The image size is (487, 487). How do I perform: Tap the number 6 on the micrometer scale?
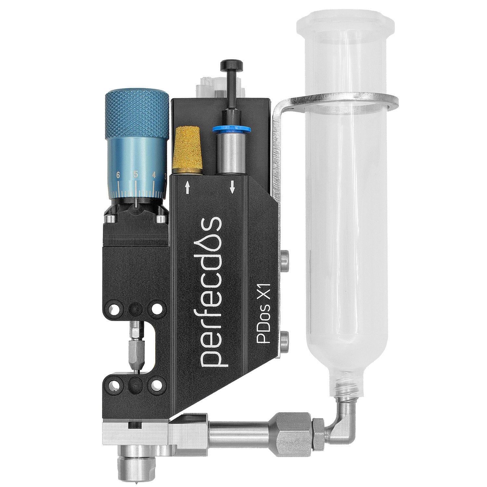[118, 175]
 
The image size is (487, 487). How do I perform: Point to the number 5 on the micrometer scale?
[136, 174]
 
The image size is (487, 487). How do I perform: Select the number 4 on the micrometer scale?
[154, 175]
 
